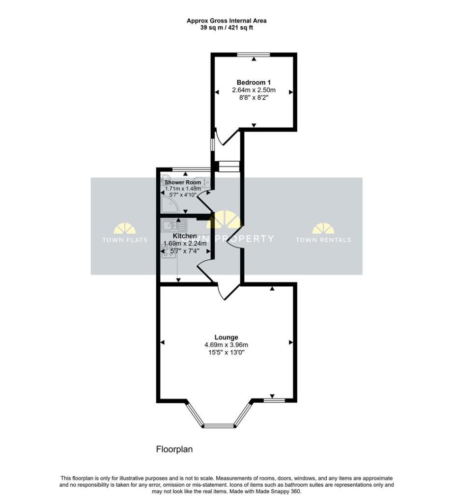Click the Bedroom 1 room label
click(x=254, y=83)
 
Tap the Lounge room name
click(x=226, y=337)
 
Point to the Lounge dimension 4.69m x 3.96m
click(x=226, y=344)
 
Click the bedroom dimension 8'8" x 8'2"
click(x=254, y=98)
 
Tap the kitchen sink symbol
click(x=174, y=226)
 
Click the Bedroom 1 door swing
click(x=223, y=138)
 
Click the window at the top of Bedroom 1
click(x=254, y=54)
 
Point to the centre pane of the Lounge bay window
click(x=220, y=425)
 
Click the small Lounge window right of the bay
click(x=272, y=400)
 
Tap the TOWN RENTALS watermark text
click(x=323, y=240)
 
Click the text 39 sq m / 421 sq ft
click(x=226, y=28)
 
